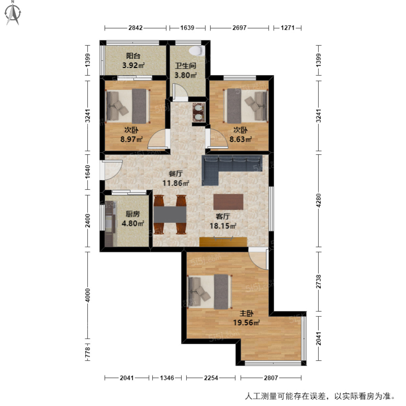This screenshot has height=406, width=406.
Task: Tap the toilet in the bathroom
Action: point(196,51)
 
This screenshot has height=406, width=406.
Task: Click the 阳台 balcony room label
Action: point(133,56)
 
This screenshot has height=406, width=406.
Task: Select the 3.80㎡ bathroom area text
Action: point(185,75)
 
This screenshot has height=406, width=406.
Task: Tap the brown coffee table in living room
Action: point(228,202)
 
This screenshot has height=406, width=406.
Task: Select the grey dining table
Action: point(170,214)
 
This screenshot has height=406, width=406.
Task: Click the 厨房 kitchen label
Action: point(133,214)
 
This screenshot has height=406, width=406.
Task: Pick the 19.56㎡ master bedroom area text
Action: point(246,323)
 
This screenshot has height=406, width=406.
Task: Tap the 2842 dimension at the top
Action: point(135,28)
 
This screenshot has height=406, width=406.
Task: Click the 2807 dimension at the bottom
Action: point(271,378)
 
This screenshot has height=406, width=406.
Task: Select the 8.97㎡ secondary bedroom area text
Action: point(131,139)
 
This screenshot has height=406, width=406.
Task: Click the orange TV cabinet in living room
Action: point(223,242)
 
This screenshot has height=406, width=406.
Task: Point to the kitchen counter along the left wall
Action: point(110,223)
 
